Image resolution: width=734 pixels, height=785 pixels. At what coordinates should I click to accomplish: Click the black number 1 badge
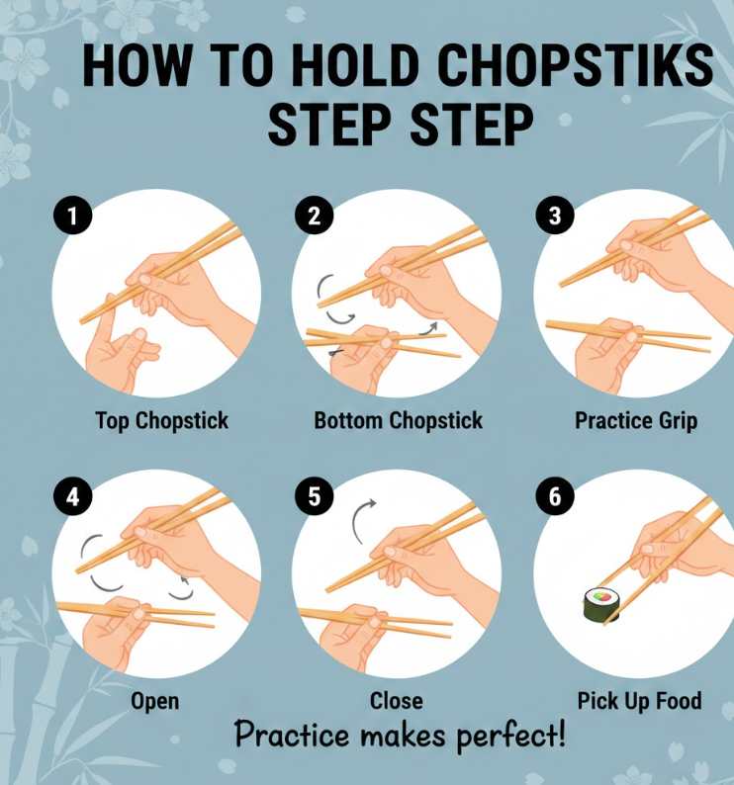tap(72, 216)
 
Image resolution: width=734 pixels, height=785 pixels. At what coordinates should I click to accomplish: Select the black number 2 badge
tap(314, 216)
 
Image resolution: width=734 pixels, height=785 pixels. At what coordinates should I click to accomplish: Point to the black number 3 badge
tap(555, 216)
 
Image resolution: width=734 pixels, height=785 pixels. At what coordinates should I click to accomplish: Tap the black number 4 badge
tap(72, 496)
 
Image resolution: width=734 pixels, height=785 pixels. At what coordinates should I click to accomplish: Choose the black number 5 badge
tap(314, 496)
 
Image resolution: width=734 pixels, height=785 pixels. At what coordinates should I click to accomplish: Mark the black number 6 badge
tap(555, 496)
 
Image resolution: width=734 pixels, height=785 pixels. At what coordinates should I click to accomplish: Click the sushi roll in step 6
tap(601, 605)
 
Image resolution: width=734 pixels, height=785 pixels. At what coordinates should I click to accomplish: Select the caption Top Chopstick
tap(162, 421)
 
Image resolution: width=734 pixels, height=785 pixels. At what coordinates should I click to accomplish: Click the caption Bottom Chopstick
tap(399, 421)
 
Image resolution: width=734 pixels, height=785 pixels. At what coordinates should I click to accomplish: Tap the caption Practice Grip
tap(636, 421)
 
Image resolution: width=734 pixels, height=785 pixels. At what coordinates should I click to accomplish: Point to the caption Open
tap(155, 702)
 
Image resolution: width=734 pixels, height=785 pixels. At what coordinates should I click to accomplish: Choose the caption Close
tap(397, 701)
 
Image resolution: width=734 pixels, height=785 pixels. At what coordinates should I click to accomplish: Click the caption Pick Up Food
tap(639, 701)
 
